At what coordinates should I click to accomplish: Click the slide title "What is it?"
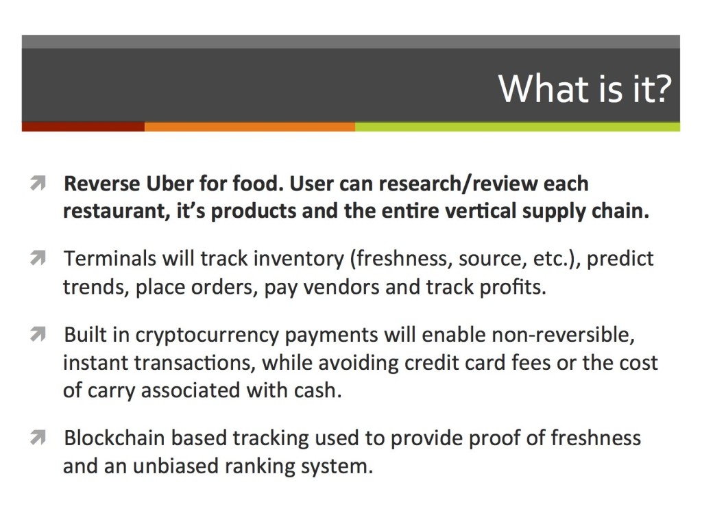[x=585, y=88]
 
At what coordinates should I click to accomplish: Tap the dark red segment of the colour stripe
[x=83, y=127]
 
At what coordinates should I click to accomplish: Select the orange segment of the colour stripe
[x=250, y=127]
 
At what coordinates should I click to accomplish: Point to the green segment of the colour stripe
[x=518, y=127]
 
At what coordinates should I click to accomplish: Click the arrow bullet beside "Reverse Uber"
[x=38, y=184]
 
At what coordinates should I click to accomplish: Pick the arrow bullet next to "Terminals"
[x=38, y=258]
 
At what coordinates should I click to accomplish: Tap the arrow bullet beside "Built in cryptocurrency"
[x=38, y=334]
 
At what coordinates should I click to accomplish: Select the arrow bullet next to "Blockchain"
[x=38, y=438]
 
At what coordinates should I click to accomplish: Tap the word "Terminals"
[x=110, y=258]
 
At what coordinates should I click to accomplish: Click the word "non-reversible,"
[x=564, y=334]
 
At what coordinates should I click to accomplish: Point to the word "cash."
[x=317, y=390]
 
